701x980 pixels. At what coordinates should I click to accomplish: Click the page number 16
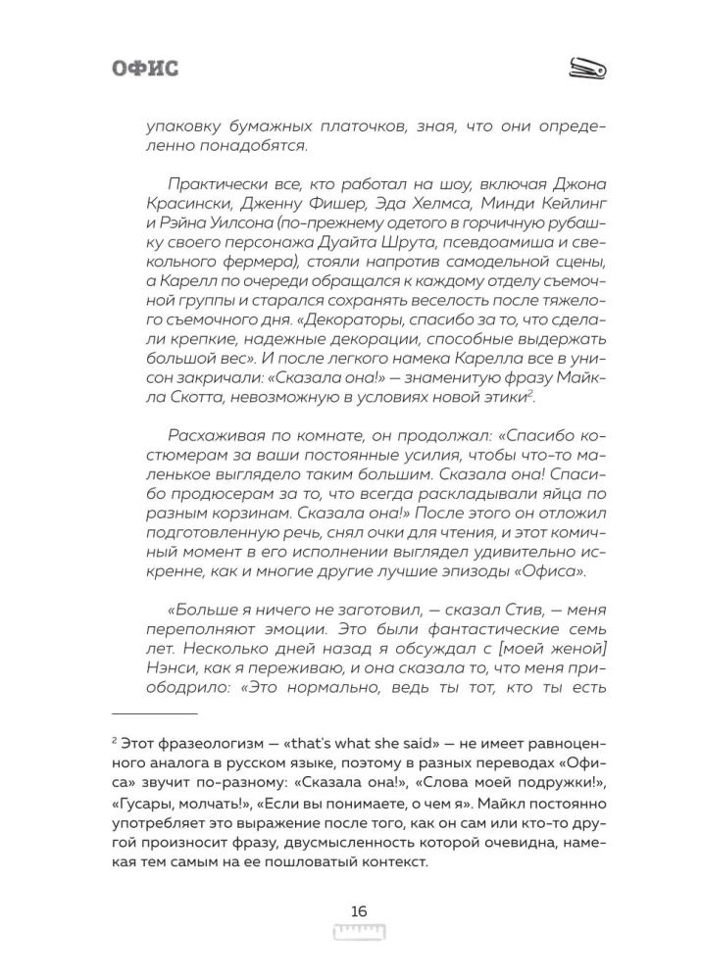coord(358,910)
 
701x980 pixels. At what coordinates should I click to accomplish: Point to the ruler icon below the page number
coord(358,932)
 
